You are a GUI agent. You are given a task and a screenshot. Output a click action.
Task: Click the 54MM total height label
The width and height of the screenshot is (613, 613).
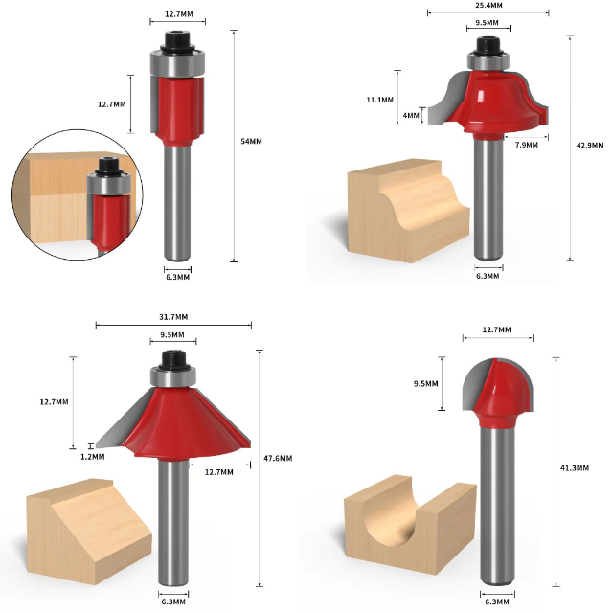[x=251, y=141]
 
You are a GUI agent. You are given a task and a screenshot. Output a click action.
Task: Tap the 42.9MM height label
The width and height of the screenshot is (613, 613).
[x=590, y=145]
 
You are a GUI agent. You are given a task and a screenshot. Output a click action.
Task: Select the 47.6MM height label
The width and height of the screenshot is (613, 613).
[x=278, y=458]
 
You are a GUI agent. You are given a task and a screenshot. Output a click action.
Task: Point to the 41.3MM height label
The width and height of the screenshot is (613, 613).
[x=575, y=468]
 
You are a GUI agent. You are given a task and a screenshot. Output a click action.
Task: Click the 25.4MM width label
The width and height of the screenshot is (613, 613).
[x=488, y=5]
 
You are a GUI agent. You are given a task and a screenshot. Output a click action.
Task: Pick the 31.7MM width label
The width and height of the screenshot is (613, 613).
[x=173, y=317]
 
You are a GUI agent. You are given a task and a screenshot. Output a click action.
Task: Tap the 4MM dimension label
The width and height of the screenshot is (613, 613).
[x=411, y=115]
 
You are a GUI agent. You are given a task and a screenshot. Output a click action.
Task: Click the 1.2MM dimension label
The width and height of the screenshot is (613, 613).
[x=93, y=457]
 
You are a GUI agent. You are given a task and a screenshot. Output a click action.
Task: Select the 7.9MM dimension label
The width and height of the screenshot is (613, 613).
[x=526, y=145]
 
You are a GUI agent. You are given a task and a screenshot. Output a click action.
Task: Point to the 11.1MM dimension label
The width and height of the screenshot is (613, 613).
[x=379, y=100]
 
